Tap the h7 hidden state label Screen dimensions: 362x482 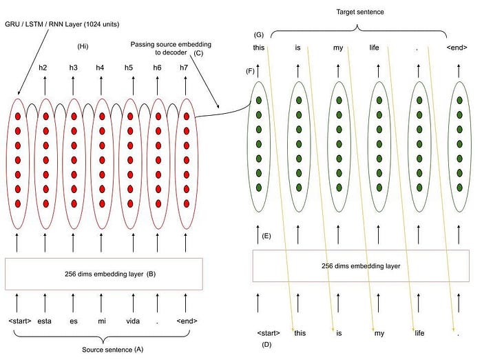pos(184,67)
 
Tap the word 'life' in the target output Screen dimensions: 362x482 pos(375,48)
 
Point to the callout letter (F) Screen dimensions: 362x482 pos(250,71)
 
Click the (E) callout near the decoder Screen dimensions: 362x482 pos(266,237)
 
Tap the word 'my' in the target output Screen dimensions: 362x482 pos(337,48)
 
